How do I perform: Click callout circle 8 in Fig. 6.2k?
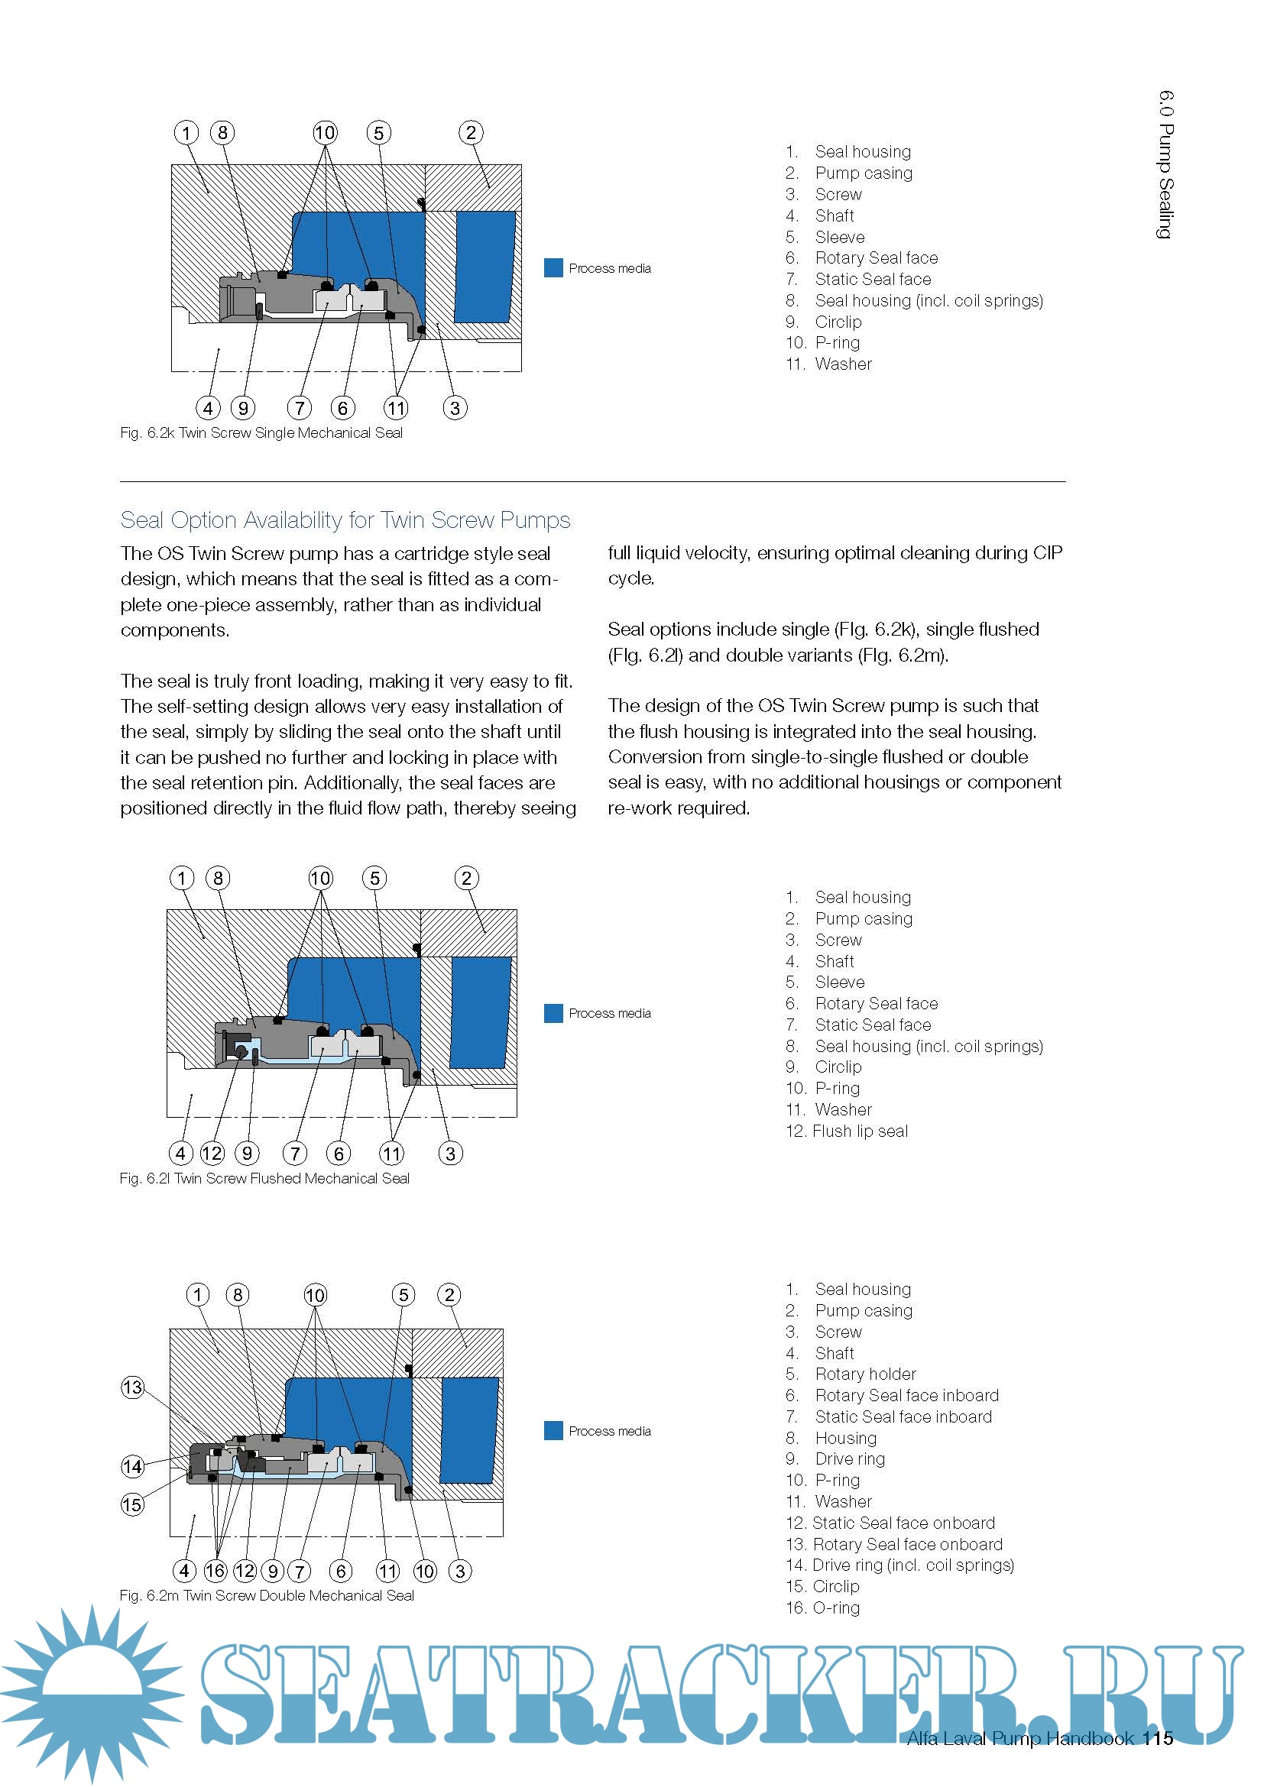[222, 133]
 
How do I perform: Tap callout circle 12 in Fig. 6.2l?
[212, 1153]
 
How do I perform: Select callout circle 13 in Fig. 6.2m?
[132, 1387]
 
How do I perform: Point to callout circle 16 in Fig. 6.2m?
[216, 1570]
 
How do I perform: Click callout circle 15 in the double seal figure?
[132, 1504]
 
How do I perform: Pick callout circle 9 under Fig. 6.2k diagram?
[243, 407]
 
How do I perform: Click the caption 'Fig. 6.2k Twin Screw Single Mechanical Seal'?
[261, 432]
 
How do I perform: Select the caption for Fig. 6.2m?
[266, 1594]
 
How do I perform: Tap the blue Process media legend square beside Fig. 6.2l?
[553, 1012]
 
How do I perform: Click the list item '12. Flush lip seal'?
[847, 1131]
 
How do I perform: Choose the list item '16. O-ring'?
[823, 1607]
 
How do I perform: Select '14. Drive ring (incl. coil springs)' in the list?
[899, 1565]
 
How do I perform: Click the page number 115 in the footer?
[1158, 1738]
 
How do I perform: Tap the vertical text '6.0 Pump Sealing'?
[1165, 164]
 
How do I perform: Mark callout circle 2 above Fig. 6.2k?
[471, 133]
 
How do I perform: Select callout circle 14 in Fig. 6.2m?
[132, 1466]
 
